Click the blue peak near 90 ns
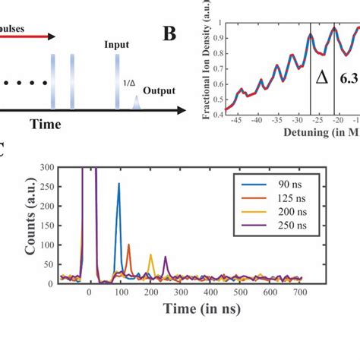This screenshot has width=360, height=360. pyautogui.click(x=118, y=184)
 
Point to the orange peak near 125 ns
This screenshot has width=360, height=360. pyautogui.click(x=128, y=245)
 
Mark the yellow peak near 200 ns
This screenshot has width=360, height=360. pyautogui.click(x=151, y=256)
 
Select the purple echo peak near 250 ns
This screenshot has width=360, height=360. pyautogui.click(x=166, y=258)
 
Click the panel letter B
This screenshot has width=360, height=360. pyautogui.click(x=172, y=35)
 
